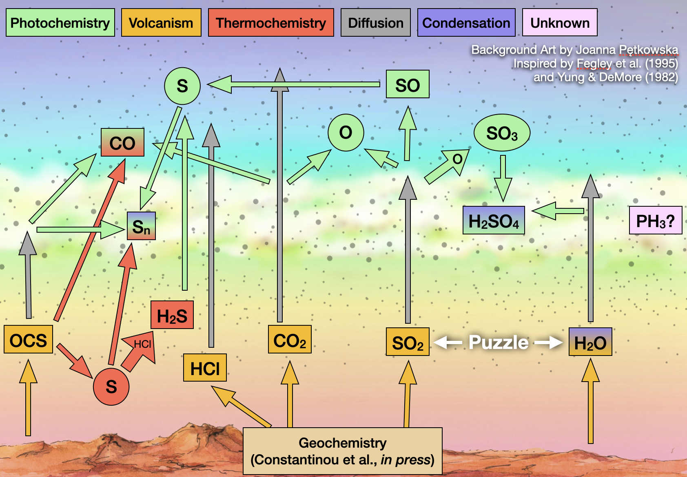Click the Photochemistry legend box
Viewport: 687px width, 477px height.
tap(60, 23)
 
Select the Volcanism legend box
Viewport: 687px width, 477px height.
tap(161, 23)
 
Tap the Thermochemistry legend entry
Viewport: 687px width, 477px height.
tap(271, 23)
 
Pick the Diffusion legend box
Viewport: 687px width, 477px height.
tap(375, 23)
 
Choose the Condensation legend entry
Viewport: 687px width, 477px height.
tap(466, 23)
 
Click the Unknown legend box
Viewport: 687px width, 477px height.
tap(560, 23)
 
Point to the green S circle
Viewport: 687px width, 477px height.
tap(182, 86)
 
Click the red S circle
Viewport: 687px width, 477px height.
tap(111, 386)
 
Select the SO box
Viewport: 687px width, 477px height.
tap(408, 84)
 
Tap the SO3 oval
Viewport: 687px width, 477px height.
tap(502, 133)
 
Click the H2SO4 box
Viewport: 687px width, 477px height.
tap(494, 221)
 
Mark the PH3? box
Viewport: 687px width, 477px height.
tap(655, 221)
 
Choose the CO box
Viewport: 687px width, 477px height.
tap(122, 143)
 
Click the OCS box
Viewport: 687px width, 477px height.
tap(28, 340)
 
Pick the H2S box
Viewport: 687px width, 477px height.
tap(172, 315)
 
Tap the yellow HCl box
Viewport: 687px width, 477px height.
tap(205, 368)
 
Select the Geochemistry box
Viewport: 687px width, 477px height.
tap(342, 451)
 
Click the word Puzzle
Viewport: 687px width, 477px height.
tap(499, 342)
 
